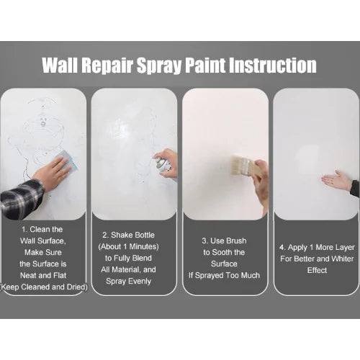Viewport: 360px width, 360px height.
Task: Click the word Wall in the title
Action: tap(60, 65)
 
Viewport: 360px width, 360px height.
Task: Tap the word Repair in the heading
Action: tap(107, 66)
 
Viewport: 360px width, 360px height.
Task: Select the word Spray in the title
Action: tap(159, 66)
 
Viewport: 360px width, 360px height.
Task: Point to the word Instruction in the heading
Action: tap(273, 65)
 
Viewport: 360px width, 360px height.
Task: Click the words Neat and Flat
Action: tap(43, 275)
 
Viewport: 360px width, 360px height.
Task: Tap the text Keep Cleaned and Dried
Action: tap(43, 287)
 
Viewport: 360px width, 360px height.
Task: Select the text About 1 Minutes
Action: tap(128, 247)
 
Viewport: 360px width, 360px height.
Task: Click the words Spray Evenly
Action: tap(128, 282)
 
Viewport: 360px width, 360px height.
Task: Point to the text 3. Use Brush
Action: tap(224, 240)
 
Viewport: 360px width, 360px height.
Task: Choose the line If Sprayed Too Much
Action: tap(224, 276)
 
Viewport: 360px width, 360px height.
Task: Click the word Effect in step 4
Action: tap(317, 270)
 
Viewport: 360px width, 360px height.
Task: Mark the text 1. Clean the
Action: tap(42, 230)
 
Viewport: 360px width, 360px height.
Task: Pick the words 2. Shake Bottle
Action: tap(128, 235)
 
